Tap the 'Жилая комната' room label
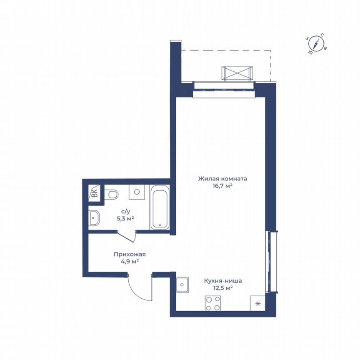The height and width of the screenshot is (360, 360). [222, 179]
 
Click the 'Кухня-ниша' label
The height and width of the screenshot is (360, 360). [223, 281]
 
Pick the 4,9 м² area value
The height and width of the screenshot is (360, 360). [129, 261]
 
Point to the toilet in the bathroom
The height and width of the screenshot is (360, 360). [111, 195]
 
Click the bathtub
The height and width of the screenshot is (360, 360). [160, 207]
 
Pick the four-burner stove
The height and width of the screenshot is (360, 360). [213, 303]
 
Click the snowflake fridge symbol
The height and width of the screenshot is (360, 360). [257, 303]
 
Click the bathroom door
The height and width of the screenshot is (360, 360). [127, 236]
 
